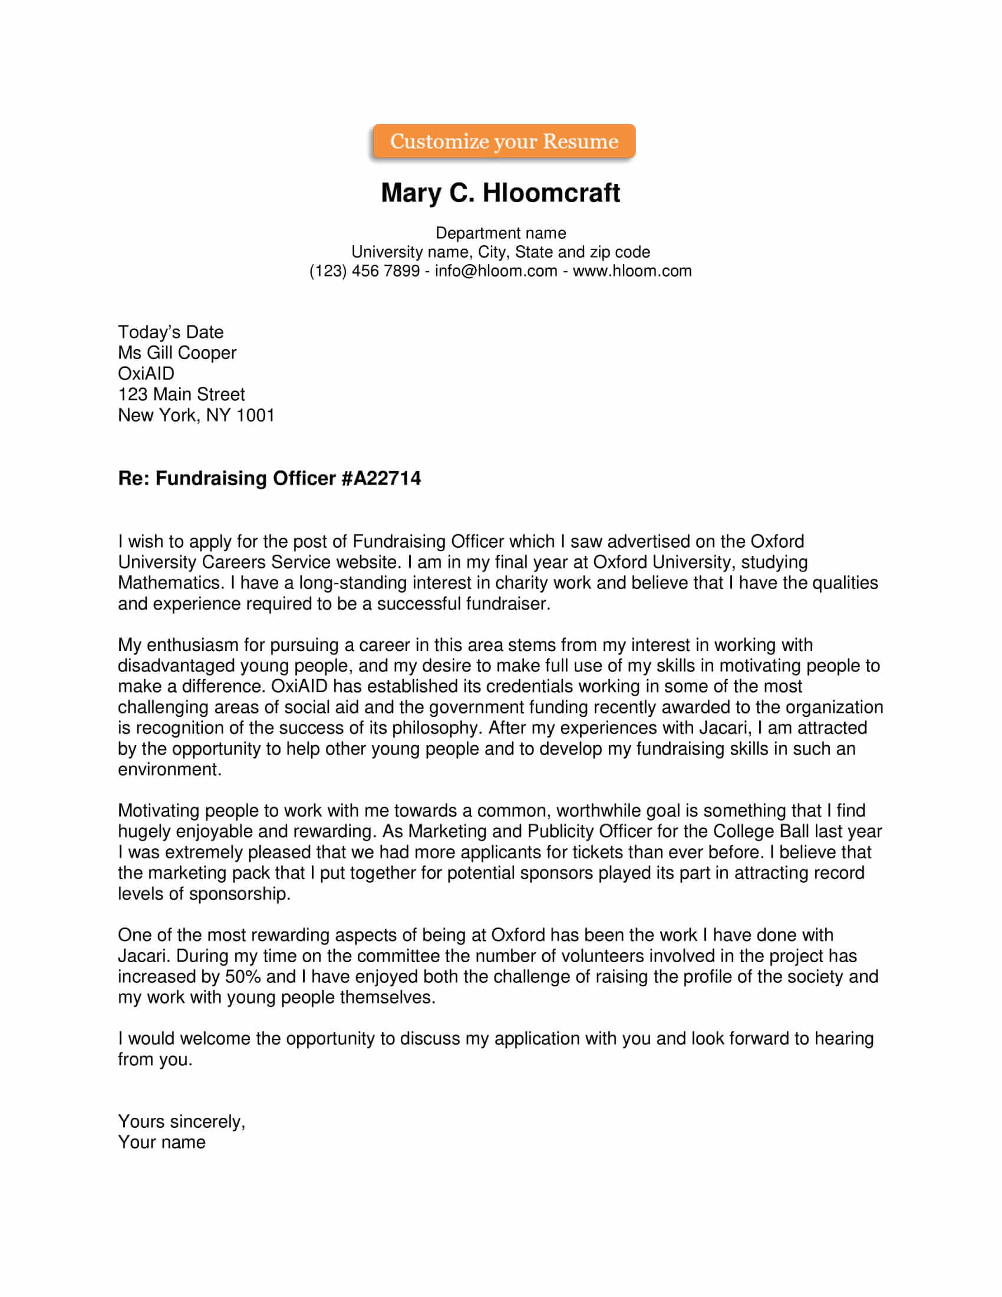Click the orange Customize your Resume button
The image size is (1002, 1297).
pyautogui.click(x=503, y=141)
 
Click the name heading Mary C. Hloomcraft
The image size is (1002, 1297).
pyautogui.click(x=500, y=193)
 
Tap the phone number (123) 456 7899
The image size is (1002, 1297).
pyautogui.click(x=364, y=271)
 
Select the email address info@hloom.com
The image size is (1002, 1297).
pyautogui.click(x=496, y=271)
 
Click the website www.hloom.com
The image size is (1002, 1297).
pyautogui.click(x=632, y=271)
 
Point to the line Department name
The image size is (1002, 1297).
pyautogui.click(x=500, y=233)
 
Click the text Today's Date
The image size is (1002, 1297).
pyautogui.click(x=170, y=332)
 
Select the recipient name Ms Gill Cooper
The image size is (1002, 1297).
pyautogui.click(x=177, y=353)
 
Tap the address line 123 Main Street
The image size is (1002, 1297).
pyautogui.click(x=181, y=394)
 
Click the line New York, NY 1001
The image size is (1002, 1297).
pyautogui.click(x=196, y=415)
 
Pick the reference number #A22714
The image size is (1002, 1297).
pyautogui.click(x=381, y=479)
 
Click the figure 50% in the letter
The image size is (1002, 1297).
pyautogui.click(x=242, y=976)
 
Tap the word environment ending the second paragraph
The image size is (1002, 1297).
pyautogui.click(x=169, y=769)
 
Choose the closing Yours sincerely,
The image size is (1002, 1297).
pyautogui.click(x=181, y=1121)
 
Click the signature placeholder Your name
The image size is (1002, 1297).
pyautogui.click(x=161, y=1142)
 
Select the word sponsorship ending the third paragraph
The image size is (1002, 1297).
pyautogui.click(x=239, y=894)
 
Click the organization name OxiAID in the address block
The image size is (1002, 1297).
pyautogui.click(x=146, y=374)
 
